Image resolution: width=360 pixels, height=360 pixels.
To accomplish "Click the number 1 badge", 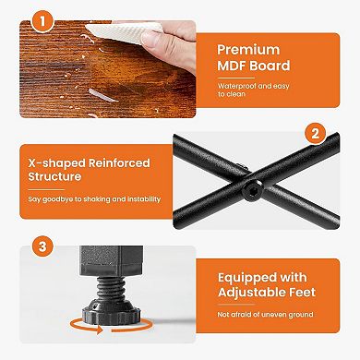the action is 42,21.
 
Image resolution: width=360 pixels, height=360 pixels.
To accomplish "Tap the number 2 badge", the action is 316,134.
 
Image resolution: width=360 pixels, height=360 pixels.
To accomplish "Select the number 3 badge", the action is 42,246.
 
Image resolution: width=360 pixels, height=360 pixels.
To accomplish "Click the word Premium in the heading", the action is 248,50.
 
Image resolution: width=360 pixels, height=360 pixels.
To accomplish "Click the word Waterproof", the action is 237,86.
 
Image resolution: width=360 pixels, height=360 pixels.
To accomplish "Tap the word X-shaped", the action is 57,163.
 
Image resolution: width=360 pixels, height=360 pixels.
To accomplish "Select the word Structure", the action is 54,176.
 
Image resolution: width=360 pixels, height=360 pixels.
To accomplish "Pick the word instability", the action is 144,199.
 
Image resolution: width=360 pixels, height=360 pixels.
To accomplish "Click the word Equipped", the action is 242,278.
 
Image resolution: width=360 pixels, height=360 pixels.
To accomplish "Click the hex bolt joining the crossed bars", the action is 252,191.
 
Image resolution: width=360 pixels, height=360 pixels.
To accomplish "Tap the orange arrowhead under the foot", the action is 99,330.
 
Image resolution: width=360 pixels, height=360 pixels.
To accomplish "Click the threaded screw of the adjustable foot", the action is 112,289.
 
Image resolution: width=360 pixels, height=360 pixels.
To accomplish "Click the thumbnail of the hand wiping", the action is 108,69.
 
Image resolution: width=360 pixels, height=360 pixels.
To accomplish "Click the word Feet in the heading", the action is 301,293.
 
